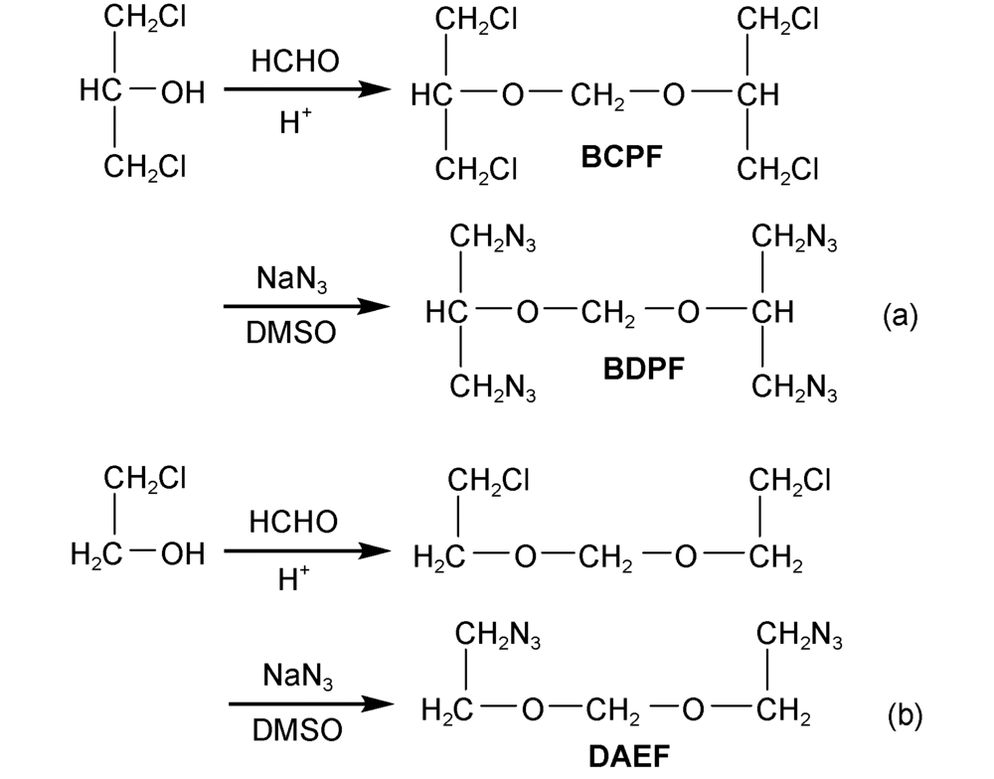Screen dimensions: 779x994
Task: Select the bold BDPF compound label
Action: [x=646, y=372]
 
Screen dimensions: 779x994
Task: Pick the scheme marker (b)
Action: [x=901, y=712]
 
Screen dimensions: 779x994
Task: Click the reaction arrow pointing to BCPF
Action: [x=304, y=90]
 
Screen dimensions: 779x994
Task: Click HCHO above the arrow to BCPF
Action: [x=294, y=62]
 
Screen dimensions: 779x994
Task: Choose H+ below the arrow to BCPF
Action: [x=294, y=124]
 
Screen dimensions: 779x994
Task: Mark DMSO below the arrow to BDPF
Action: [x=294, y=337]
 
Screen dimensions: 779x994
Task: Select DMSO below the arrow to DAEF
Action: [x=294, y=732]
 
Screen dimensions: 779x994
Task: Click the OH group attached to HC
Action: [x=182, y=94]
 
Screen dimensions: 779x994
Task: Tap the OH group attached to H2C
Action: [x=181, y=553]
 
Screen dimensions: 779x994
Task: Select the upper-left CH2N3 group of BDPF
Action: [x=493, y=238]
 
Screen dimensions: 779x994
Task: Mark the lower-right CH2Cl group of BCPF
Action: [x=779, y=170]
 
